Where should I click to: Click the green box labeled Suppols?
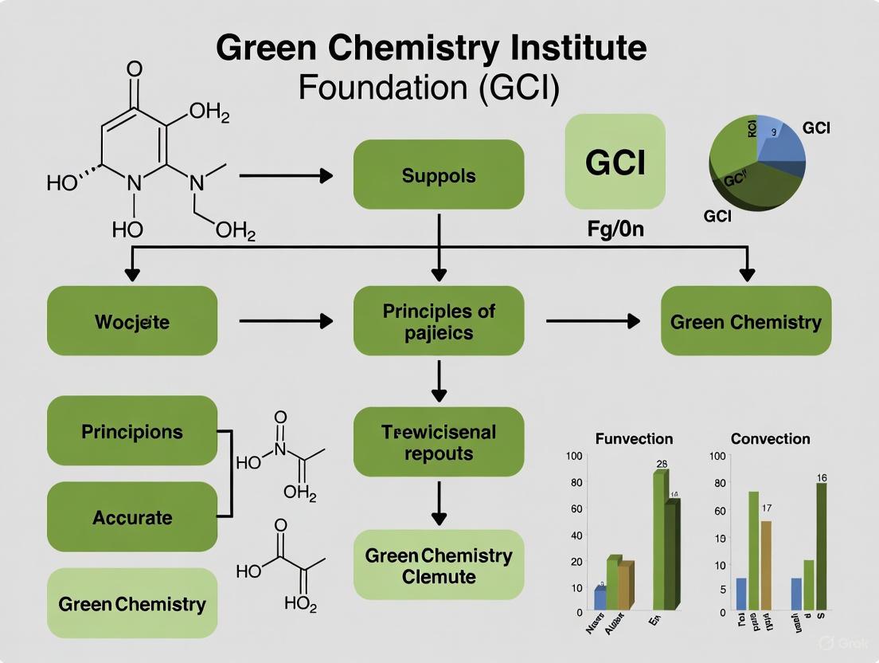click(x=439, y=175)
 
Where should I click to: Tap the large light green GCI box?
click(x=615, y=163)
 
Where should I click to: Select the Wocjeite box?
click(x=132, y=321)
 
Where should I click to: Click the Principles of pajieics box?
click(x=439, y=321)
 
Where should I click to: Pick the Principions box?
click(x=132, y=431)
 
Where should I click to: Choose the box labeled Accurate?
click(x=132, y=517)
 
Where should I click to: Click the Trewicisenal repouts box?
click(x=439, y=442)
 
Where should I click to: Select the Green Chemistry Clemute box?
click(x=439, y=565)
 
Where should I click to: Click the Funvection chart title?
click(x=634, y=438)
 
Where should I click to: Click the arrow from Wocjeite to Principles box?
click(x=286, y=321)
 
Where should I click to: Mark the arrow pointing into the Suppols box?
click(x=286, y=175)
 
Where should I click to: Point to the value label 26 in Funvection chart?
click(x=661, y=463)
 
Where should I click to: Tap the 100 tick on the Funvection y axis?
click(x=574, y=456)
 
